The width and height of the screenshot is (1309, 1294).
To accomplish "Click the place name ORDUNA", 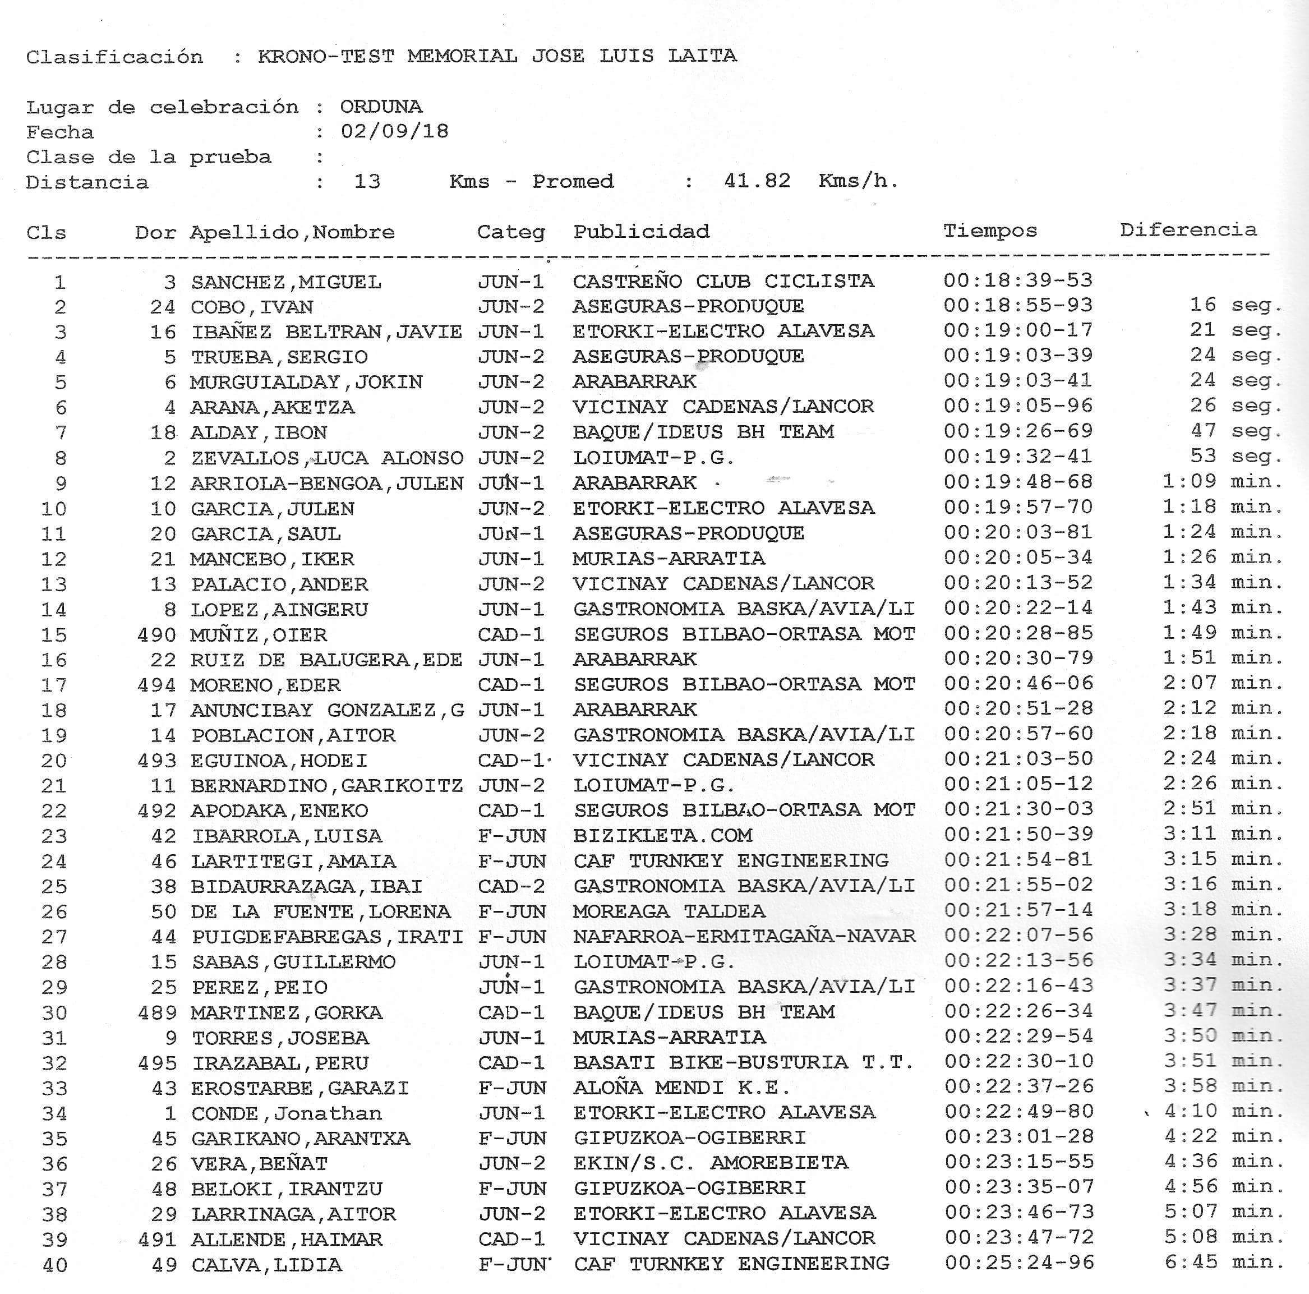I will pyautogui.click(x=381, y=107).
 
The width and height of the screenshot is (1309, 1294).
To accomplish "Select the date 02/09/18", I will pyautogui.click(x=394, y=131).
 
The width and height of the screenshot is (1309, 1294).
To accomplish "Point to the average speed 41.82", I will pyautogui.click(x=757, y=180).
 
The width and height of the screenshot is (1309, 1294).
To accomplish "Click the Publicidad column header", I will pyautogui.click(x=641, y=231).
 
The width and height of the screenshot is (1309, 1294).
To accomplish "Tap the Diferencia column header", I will pyautogui.click(x=1188, y=229).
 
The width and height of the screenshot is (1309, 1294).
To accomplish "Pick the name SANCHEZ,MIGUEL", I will pyautogui.click(x=286, y=281).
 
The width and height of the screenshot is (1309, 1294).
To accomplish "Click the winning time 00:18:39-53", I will pyautogui.click(x=1018, y=280).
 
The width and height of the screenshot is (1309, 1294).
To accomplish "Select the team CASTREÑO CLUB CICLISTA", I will pyautogui.click(x=723, y=280).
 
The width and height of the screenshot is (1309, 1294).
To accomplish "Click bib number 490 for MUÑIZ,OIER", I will pyautogui.click(x=156, y=634).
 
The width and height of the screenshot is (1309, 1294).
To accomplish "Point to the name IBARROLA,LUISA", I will pyautogui.click(x=287, y=835).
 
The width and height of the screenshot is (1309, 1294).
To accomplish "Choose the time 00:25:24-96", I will pyautogui.click(x=1019, y=1263).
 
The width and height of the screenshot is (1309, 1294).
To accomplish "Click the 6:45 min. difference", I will pyautogui.click(x=1224, y=1262).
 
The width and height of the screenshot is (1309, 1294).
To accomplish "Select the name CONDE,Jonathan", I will pyautogui.click(x=287, y=1112).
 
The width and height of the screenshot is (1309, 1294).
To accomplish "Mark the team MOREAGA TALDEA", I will pyautogui.click(x=669, y=910).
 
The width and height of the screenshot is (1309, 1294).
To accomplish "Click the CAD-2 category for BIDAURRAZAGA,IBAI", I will pyautogui.click(x=511, y=886).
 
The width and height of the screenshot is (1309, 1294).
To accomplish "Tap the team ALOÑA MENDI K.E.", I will pyautogui.click(x=681, y=1088).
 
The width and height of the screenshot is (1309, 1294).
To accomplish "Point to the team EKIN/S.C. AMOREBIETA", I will pyautogui.click(x=710, y=1163).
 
